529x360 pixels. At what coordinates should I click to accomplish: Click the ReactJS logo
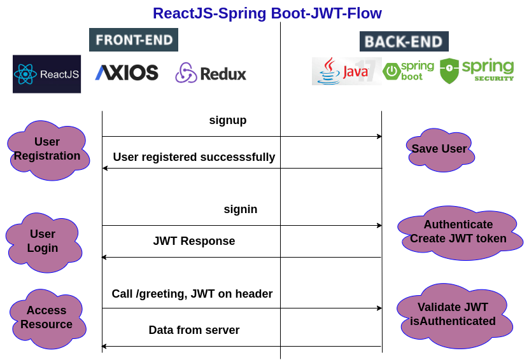(46, 74)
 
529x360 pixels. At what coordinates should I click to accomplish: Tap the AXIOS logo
(127, 73)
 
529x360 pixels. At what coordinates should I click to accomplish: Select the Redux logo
(211, 73)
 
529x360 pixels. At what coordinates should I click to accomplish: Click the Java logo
(346, 71)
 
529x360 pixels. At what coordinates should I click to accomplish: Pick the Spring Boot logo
(409, 71)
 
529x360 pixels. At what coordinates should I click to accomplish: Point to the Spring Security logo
(477, 71)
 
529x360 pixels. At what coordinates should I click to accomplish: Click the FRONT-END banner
(134, 40)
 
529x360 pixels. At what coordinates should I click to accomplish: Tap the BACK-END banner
(404, 41)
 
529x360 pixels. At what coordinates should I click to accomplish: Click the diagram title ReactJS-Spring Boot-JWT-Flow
(267, 13)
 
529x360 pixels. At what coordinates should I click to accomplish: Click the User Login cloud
(43, 241)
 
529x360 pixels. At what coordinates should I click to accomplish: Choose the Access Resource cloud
(46, 317)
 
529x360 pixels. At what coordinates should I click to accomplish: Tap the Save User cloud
(439, 149)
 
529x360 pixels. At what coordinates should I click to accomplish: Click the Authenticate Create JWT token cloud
(458, 232)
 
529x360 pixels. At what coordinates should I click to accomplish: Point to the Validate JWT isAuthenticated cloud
(453, 314)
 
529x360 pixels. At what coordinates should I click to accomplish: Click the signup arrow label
(228, 120)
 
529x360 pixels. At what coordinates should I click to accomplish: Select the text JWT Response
(194, 241)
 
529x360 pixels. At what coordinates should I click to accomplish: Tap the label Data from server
(194, 330)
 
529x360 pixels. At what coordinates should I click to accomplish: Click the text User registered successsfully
(194, 156)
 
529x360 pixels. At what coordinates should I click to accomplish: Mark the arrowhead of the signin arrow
(379, 225)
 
